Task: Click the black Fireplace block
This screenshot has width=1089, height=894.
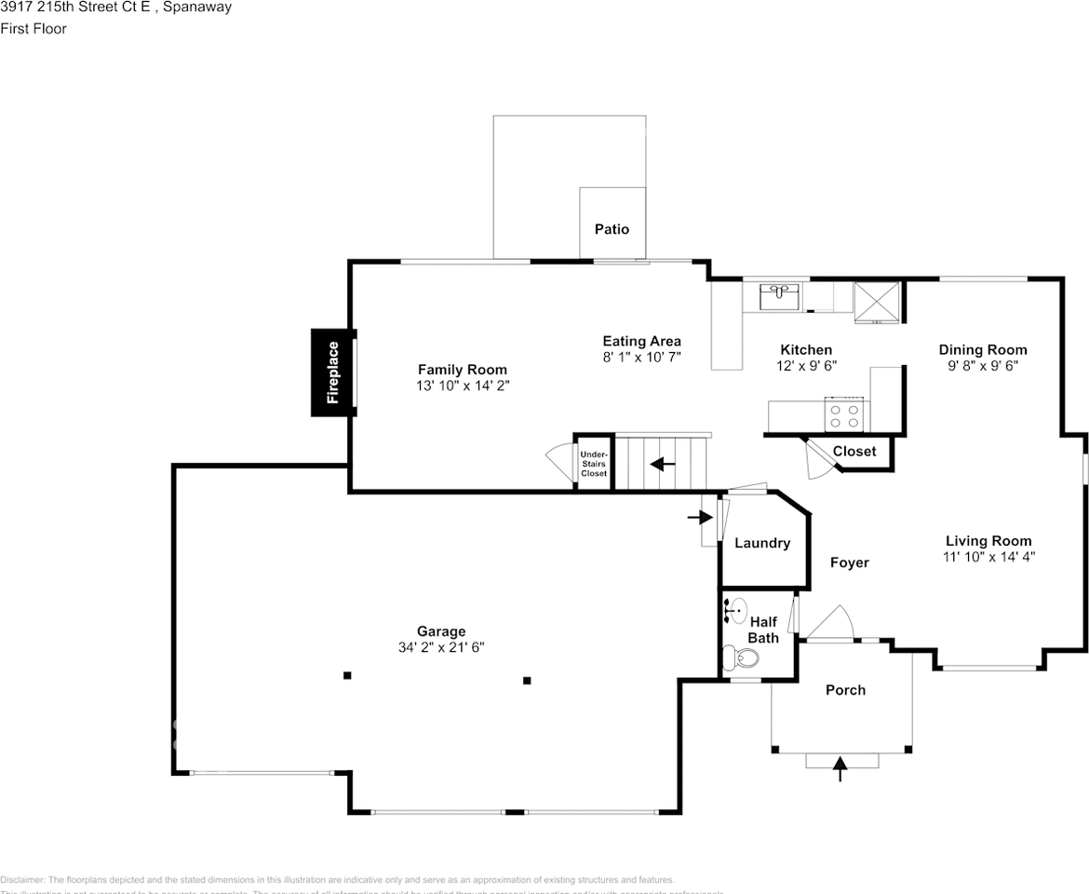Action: pos(331,372)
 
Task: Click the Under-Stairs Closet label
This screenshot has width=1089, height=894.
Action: pos(594,463)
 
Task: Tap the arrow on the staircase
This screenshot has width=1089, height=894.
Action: pos(662,463)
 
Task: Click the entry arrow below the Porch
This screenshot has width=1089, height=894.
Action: pos(840,768)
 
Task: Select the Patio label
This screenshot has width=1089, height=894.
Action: pos(612,229)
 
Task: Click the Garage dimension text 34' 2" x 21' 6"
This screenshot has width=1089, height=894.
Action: pos(441,647)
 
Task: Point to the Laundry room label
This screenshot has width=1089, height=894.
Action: pos(762,544)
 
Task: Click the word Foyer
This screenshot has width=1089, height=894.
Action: pos(849,562)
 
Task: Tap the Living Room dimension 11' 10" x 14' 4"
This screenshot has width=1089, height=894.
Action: pos(988,557)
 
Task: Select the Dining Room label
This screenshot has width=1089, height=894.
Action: pos(982,350)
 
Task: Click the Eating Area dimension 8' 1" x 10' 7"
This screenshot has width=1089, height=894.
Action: pos(641,357)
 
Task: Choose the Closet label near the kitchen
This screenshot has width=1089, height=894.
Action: pos(854,452)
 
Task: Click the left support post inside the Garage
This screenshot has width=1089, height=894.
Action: pos(347,675)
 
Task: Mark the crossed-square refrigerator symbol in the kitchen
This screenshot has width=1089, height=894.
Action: pos(877,301)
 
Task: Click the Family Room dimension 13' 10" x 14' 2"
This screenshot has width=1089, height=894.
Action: pos(463,385)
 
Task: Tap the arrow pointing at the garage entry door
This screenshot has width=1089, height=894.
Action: pos(695,517)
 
